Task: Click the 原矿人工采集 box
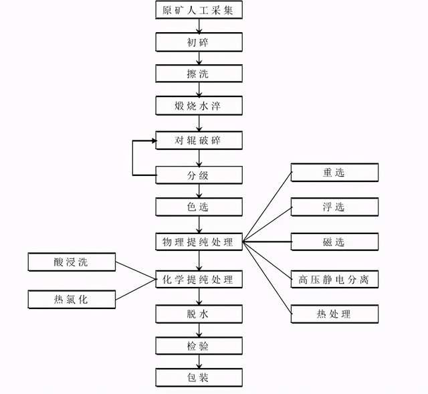pyautogui.click(x=199, y=10)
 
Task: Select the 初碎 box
pyautogui.click(x=199, y=42)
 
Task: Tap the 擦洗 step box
pyautogui.click(x=199, y=74)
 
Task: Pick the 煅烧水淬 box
pyautogui.click(x=199, y=106)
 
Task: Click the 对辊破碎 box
pyautogui.click(x=199, y=140)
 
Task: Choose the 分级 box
pyautogui.click(x=199, y=175)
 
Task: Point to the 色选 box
pyautogui.click(x=199, y=207)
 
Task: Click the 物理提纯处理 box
pyautogui.click(x=199, y=241)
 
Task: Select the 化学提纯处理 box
pyautogui.click(x=199, y=279)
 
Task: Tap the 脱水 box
pyautogui.click(x=199, y=314)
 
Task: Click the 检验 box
pyautogui.click(x=199, y=346)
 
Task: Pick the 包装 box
pyautogui.click(x=199, y=377)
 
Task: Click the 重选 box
pyautogui.click(x=334, y=173)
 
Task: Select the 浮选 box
pyautogui.click(x=334, y=207)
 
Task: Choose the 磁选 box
pyautogui.click(x=334, y=241)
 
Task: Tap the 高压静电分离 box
pyautogui.click(x=334, y=279)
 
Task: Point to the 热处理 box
pyautogui.click(x=334, y=314)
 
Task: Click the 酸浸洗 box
pyautogui.click(x=72, y=262)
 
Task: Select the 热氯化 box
pyautogui.click(x=72, y=299)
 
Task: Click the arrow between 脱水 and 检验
pyautogui.click(x=199, y=330)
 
